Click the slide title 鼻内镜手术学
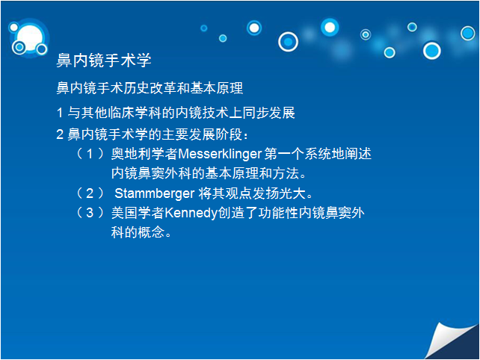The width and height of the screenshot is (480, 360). (x=104, y=60)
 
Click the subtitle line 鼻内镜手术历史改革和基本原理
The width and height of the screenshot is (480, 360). (x=150, y=88)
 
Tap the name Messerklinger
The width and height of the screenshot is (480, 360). (x=220, y=154)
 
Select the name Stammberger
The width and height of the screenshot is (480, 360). (x=155, y=193)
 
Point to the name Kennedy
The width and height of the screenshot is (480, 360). (x=191, y=213)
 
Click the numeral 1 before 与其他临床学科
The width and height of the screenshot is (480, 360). (x=60, y=113)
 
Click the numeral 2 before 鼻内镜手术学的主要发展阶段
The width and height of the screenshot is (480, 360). (x=60, y=134)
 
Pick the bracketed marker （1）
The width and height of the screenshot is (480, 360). (x=90, y=154)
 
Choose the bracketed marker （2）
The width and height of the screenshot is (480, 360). (x=90, y=193)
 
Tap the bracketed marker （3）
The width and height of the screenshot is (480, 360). (x=90, y=213)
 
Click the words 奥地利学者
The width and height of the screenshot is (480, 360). (x=144, y=154)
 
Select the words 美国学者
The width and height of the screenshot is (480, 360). (x=138, y=213)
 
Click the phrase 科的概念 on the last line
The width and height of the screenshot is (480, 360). (x=138, y=232)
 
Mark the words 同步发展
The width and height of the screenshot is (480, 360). (x=268, y=113)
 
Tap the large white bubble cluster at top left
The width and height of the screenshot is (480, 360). (x=28, y=38)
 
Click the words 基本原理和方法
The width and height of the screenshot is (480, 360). (x=252, y=173)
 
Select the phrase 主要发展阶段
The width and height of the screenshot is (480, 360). (x=203, y=134)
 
